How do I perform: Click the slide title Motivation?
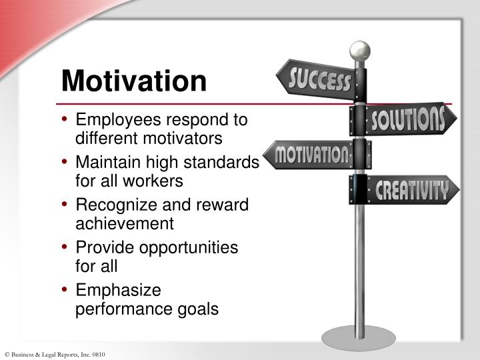133,81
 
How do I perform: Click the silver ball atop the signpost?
360,50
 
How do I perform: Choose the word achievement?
125,223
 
